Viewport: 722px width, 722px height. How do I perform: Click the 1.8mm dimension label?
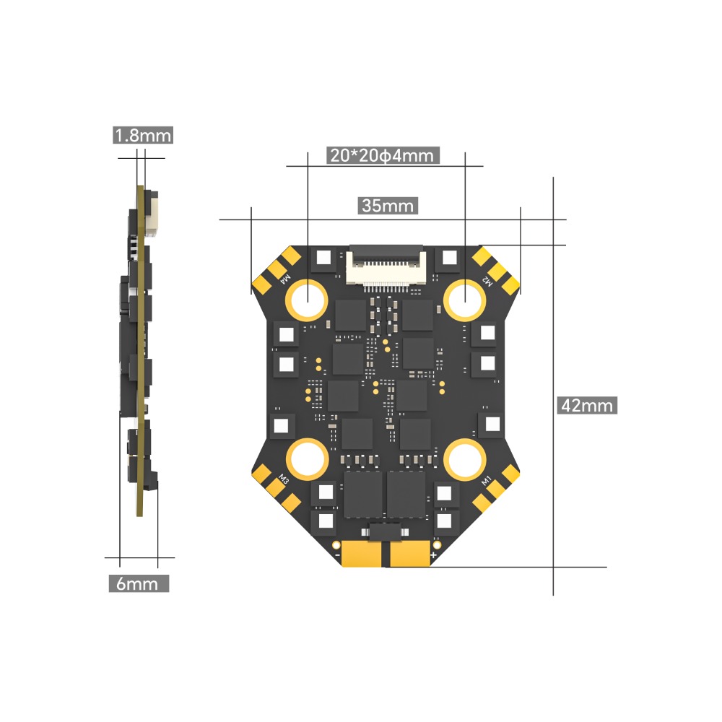[143, 135]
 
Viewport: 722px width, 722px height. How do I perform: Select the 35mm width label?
[388, 206]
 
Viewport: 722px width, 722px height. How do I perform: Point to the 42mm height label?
[586, 405]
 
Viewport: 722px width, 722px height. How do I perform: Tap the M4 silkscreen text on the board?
[285, 277]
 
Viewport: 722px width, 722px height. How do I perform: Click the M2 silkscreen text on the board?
[487, 281]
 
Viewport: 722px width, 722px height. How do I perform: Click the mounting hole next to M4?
[308, 297]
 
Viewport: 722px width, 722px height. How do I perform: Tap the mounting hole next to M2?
[464, 298]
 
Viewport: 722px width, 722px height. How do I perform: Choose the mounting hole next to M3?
[308, 458]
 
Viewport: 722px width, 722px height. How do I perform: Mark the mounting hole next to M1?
[464, 458]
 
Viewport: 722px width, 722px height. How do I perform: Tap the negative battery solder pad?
[362, 554]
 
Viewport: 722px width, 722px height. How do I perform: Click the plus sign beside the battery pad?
[433, 554]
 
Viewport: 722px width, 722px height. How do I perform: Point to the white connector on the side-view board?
[152, 213]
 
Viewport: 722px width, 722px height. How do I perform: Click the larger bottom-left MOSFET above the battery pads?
[362, 495]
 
